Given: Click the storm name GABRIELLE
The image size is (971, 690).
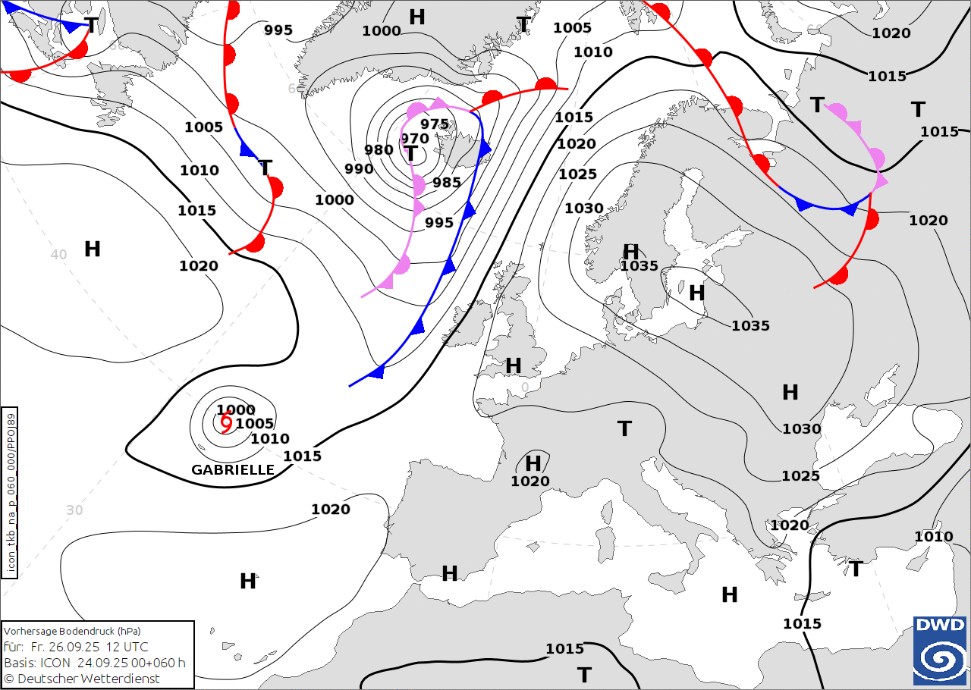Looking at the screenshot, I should pos(233,470).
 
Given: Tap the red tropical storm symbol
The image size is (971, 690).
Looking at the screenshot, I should pos(226,422).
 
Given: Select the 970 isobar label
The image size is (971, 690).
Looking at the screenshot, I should pos(415,138).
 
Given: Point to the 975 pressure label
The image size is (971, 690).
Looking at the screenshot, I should pos(435,124).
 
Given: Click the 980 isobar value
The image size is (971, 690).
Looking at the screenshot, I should pos(379,150).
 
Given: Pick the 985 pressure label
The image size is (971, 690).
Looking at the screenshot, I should pos(447,182).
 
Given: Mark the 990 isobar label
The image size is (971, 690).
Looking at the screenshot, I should pos(359,168).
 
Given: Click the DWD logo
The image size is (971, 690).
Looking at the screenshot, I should pos(940,650).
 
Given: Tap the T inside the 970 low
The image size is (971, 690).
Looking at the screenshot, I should pos(410,154).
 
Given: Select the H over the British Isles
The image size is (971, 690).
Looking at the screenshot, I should pos(514,365).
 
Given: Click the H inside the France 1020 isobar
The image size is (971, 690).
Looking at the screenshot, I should pos(533,463).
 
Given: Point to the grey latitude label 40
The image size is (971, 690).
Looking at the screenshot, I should pos(58,255).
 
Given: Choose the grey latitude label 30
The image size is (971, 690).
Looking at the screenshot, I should pos(74,510).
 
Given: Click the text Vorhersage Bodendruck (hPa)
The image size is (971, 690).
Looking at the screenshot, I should pos(72,631).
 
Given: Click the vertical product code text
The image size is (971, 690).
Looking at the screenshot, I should pos(11,493).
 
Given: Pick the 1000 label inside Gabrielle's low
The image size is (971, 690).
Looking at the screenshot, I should pos(236,410).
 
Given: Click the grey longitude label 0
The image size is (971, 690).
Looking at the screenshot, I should pos(525,387).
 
